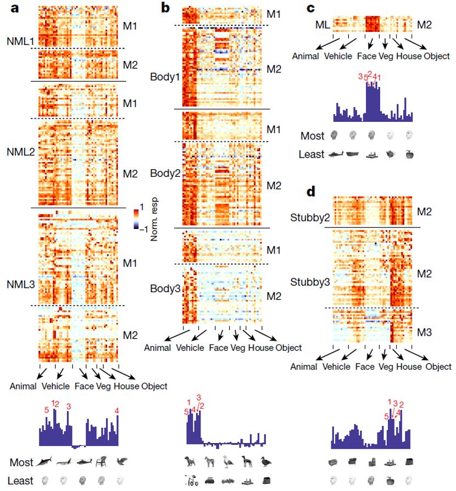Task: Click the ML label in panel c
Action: point(322,24)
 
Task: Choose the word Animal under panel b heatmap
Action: point(158,348)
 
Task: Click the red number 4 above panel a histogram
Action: point(116,410)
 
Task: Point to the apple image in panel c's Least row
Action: point(408,155)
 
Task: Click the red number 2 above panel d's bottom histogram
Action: point(402,405)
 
